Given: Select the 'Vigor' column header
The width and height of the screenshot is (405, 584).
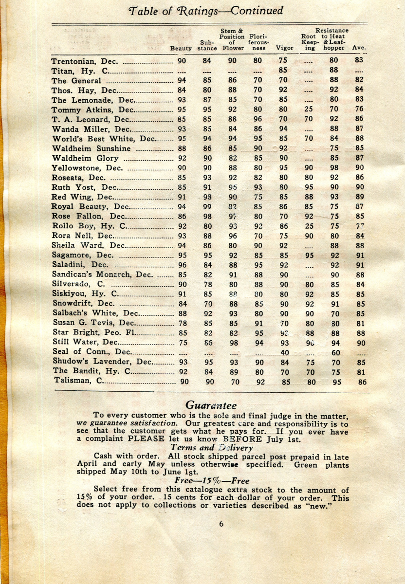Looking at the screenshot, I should pyautogui.click(x=284, y=48).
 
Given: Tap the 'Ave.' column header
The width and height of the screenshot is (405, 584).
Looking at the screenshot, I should pyautogui.click(x=359, y=48).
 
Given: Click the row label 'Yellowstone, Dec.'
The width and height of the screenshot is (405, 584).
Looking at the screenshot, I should pyautogui.click(x=87, y=168).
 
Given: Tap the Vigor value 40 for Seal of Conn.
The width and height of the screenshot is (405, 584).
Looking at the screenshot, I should pyautogui.click(x=285, y=353).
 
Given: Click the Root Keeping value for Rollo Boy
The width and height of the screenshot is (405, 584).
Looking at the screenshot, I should pyautogui.click(x=309, y=226).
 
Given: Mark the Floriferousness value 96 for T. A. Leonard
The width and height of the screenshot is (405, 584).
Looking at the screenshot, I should pyautogui.click(x=258, y=119).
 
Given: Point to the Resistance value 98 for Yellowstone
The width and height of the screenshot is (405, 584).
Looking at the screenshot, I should pyautogui.click(x=334, y=168).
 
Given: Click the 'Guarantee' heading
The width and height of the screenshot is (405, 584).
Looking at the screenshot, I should pyautogui.click(x=211, y=405).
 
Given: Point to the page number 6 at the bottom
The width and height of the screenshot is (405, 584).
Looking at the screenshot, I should pyautogui.click(x=221, y=524).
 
